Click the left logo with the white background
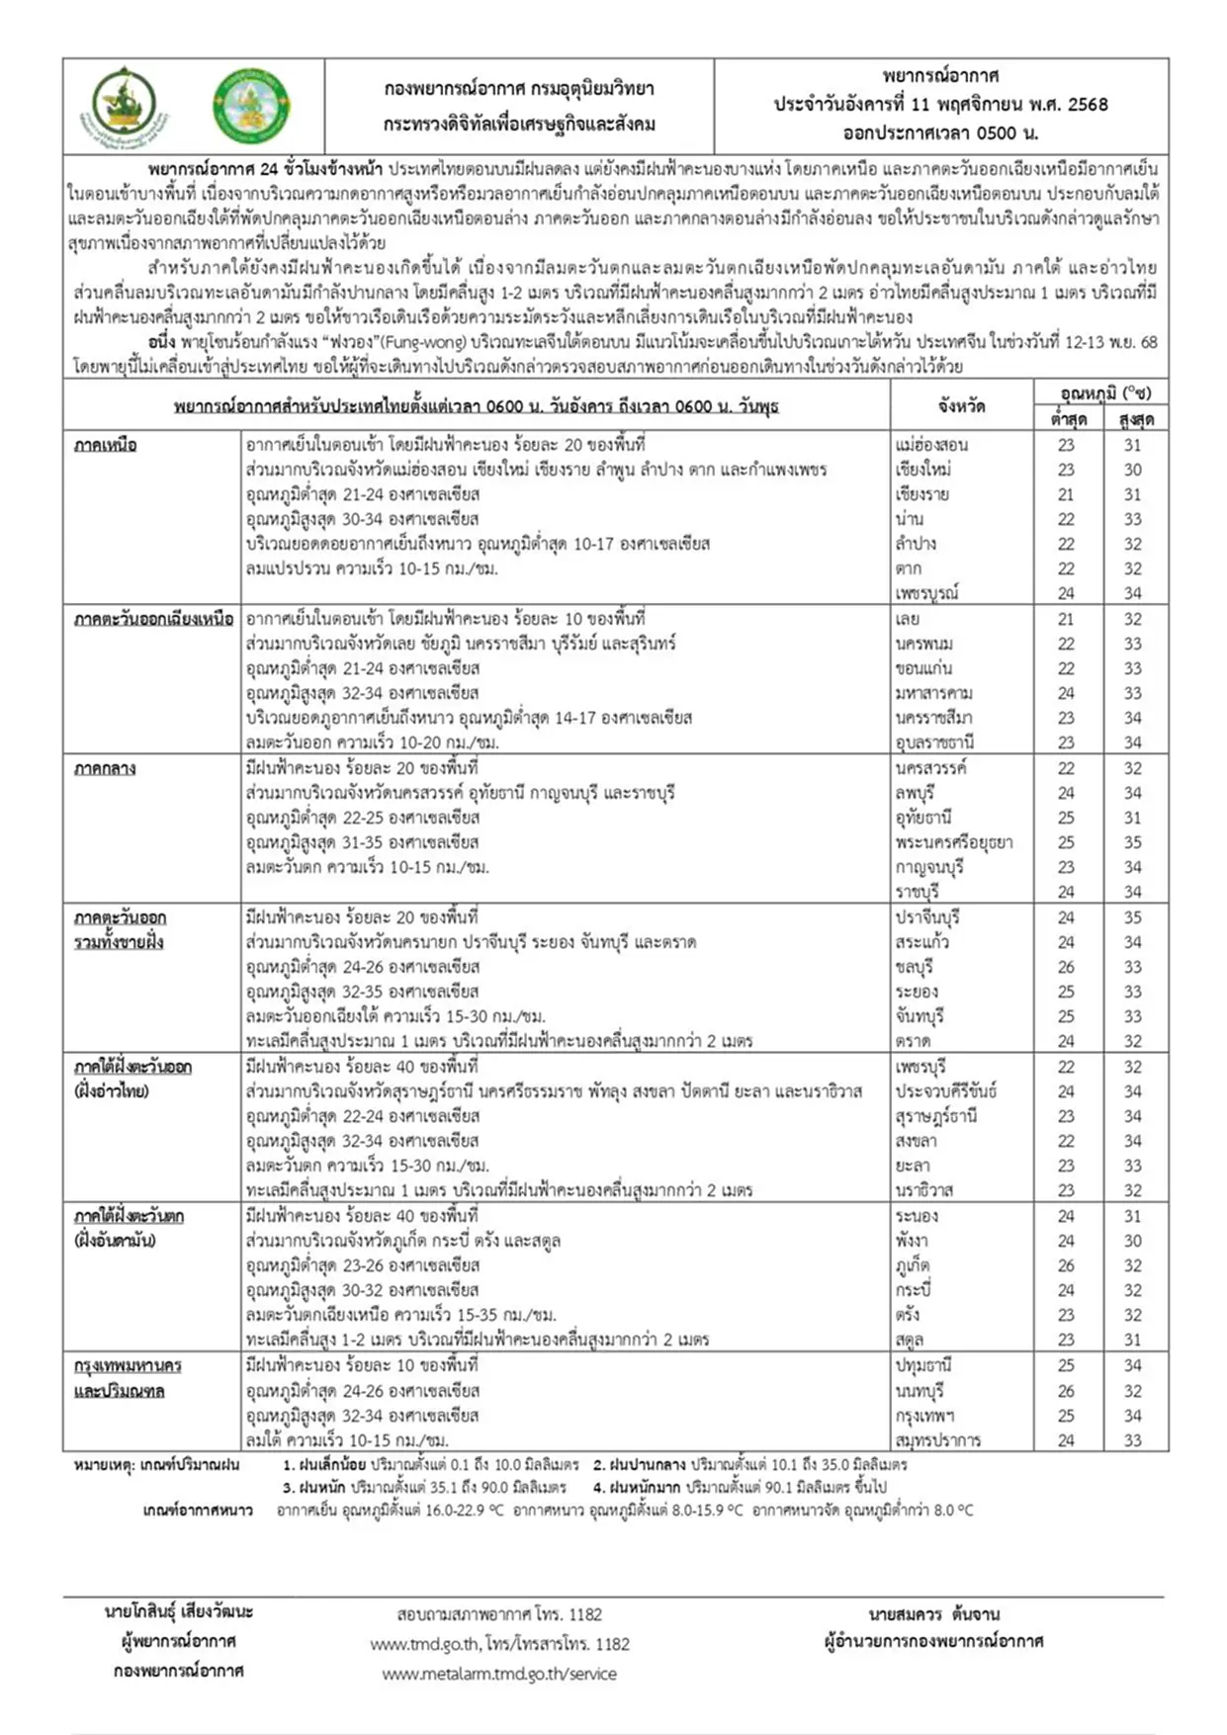coord(125,106)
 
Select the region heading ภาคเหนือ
coord(105,445)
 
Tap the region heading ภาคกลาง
coord(105,768)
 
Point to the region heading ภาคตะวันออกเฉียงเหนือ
coord(153,619)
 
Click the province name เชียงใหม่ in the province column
coord(922,470)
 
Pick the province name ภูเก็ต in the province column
coord(913,1265)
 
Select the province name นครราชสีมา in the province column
coord(933,718)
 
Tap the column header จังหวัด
coord(961,405)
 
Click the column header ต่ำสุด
coord(1068,419)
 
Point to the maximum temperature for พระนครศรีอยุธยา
coord(1132,842)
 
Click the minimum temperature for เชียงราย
coord(1066,494)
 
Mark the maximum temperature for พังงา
coord(1132,1241)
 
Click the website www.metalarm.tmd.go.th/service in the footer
coord(499,1674)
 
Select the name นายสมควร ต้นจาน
coord(933,1614)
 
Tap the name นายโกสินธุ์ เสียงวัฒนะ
coord(179,1611)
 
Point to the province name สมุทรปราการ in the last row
coord(937,1440)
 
